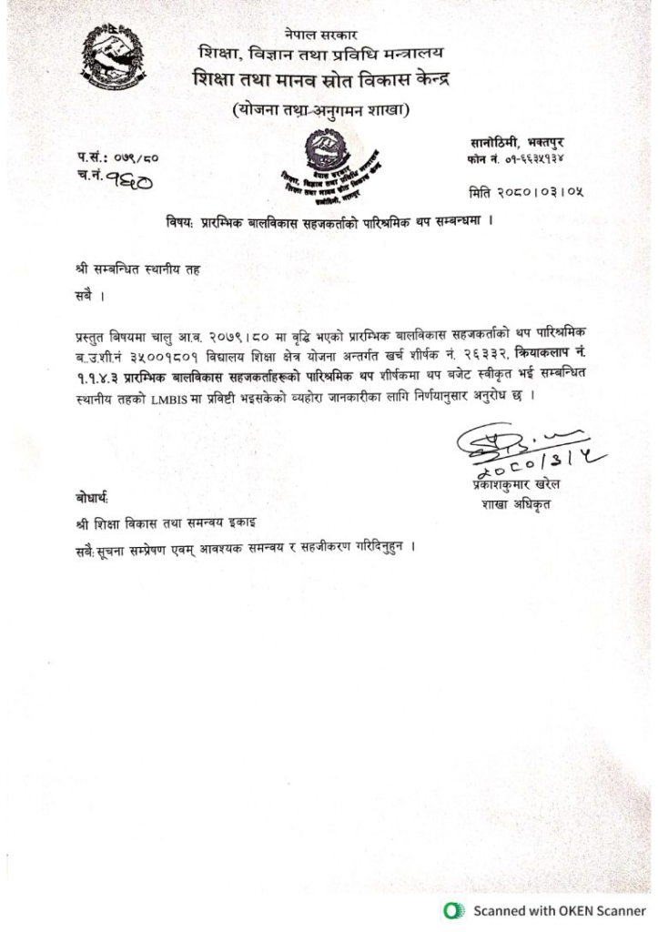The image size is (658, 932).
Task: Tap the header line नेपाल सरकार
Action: coord(321,35)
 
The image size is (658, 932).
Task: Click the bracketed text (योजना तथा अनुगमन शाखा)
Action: coord(321,110)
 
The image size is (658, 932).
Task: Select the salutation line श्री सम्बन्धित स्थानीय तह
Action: coord(137,270)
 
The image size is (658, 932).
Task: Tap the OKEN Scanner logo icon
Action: coord(450,910)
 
